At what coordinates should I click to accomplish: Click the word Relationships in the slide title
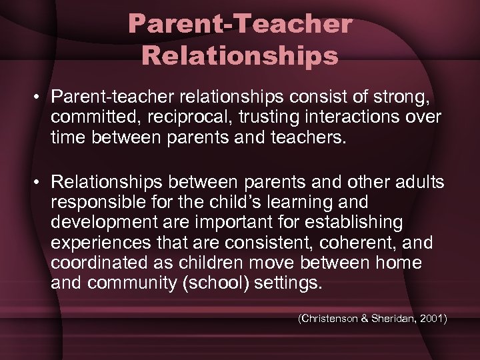tap(240, 56)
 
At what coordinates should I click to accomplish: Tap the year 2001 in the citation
tap(433, 319)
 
